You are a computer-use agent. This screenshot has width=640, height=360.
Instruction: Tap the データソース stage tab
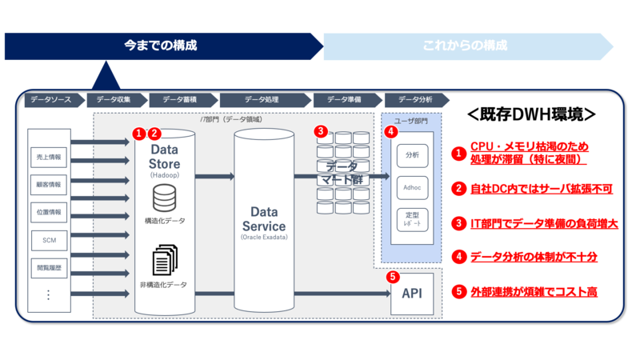51,100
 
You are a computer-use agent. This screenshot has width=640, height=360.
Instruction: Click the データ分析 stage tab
415,100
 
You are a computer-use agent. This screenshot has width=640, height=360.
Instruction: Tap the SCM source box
49,240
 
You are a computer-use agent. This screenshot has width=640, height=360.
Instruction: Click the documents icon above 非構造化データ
164,261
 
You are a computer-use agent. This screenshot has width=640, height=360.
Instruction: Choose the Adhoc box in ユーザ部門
413,186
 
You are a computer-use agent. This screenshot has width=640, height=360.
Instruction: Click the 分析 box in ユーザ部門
413,154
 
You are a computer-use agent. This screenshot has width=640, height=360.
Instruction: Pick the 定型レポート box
413,219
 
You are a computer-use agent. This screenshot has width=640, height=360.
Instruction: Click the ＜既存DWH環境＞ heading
532,114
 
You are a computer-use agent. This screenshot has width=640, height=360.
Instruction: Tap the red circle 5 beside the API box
392,278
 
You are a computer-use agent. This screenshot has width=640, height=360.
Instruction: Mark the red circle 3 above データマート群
320,131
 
